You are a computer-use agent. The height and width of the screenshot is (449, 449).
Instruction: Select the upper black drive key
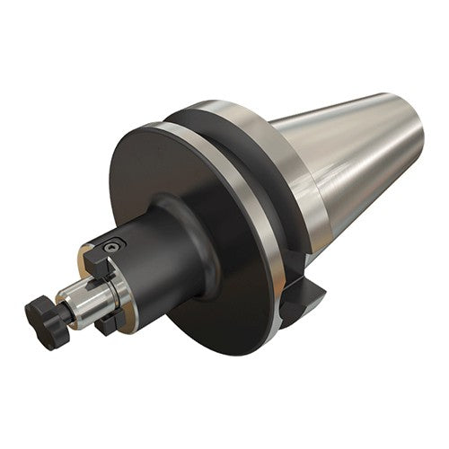pos(96,260)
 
